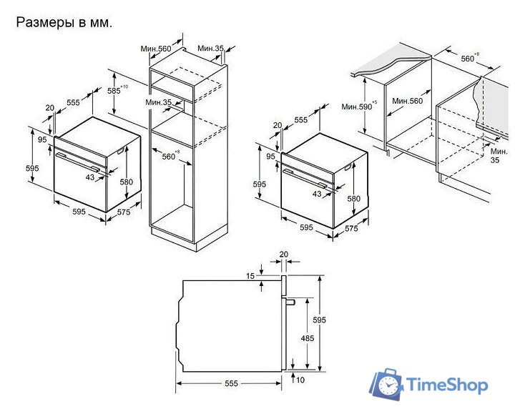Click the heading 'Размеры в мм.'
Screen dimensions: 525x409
pyautogui.click(x=64, y=23)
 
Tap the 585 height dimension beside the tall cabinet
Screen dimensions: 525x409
pyautogui.click(x=117, y=89)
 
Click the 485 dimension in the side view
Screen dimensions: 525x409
pyautogui.click(x=307, y=338)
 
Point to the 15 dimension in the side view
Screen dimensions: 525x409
pyautogui.click(x=250, y=276)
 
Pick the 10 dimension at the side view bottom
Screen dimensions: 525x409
pyautogui.click(x=300, y=380)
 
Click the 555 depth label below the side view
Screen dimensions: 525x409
pyautogui.click(x=231, y=383)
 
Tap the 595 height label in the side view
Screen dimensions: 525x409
pyautogui.click(x=319, y=320)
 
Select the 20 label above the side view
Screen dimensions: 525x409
pyautogui.click(x=283, y=255)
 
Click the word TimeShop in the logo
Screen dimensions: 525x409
pyautogui.click(x=446, y=384)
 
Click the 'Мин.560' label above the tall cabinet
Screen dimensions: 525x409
pyautogui.click(x=156, y=49)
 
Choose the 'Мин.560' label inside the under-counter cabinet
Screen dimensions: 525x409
pyautogui.click(x=408, y=101)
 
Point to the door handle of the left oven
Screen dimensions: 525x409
pyautogui.click(x=78, y=162)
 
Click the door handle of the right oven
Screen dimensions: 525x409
pyautogui.click(x=305, y=177)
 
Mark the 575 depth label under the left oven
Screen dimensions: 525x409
pyautogui.click(x=124, y=212)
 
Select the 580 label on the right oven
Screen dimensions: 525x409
pyautogui.click(x=353, y=199)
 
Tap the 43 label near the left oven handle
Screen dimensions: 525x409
pyautogui.click(x=90, y=177)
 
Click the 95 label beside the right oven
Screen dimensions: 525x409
pyautogui.click(x=270, y=157)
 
